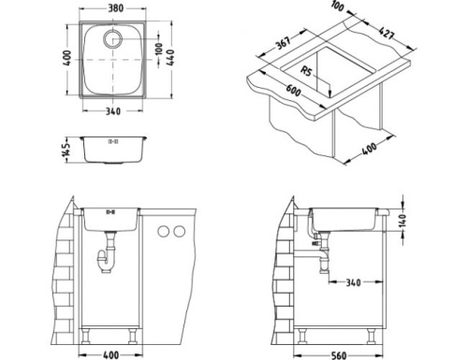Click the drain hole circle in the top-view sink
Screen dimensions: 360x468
pos(114,39)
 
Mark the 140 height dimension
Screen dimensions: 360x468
pos(403,221)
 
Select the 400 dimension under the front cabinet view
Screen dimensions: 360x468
pos(110,354)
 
